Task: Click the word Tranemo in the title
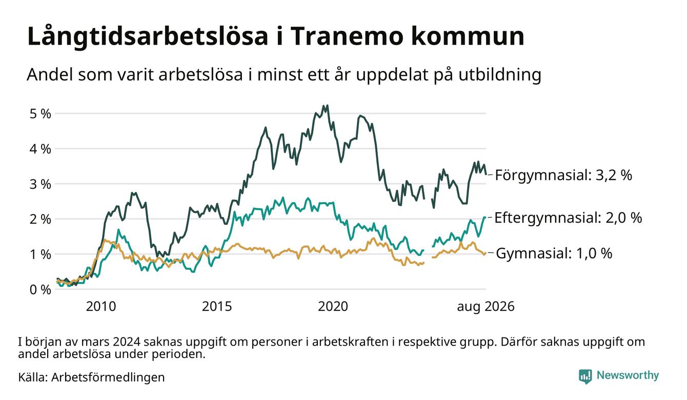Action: [346, 36]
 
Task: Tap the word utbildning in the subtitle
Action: [500, 74]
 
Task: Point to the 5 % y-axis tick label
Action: [40, 114]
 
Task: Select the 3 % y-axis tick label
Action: [40, 184]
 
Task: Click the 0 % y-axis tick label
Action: [40, 290]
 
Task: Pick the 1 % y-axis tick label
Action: [40, 254]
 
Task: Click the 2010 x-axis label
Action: [101, 307]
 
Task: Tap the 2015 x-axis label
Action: [217, 307]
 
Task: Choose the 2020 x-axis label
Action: [333, 307]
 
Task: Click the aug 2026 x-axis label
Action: [486, 307]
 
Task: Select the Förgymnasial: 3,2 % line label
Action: [563, 175]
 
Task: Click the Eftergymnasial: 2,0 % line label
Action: [568, 218]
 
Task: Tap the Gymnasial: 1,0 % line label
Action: [554, 254]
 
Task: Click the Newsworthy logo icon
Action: [585, 376]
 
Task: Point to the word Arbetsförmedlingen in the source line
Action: [108, 377]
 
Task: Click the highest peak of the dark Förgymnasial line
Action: [323, 106]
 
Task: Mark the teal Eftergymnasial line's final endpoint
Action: [485, 217]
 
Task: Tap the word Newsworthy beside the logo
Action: [628, 375]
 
